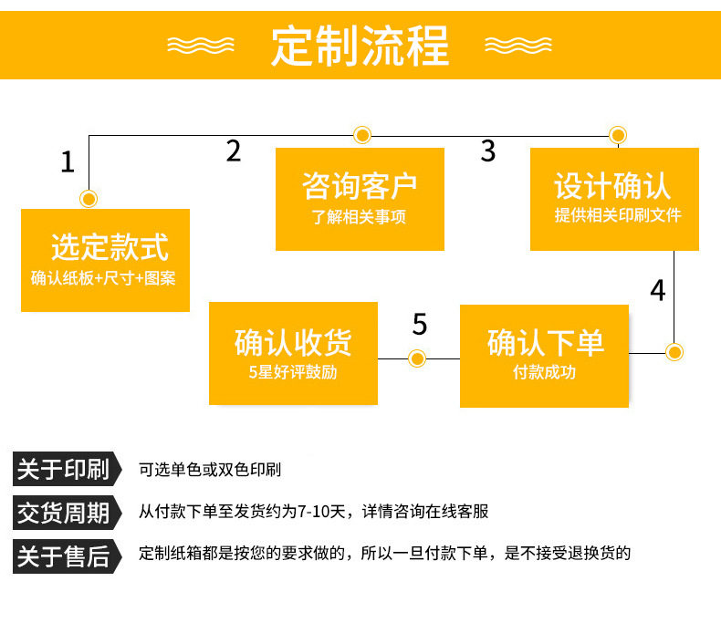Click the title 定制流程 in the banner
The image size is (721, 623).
360,45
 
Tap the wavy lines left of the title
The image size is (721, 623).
203,45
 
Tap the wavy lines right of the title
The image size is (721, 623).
517,45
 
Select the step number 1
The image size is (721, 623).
67,162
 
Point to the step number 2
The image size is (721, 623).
234,151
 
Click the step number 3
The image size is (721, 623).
488,151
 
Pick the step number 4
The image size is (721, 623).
658,291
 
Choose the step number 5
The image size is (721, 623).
420,324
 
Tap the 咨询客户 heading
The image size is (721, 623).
360,186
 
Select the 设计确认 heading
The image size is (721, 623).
612,186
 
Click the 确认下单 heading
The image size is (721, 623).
545,343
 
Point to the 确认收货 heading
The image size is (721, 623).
293,342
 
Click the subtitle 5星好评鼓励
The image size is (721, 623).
293,372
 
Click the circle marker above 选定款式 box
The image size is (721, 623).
89,198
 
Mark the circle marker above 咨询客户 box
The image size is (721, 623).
363,136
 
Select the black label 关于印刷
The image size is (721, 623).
63,470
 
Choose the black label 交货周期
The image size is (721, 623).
63,512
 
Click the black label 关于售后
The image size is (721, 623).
63,554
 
